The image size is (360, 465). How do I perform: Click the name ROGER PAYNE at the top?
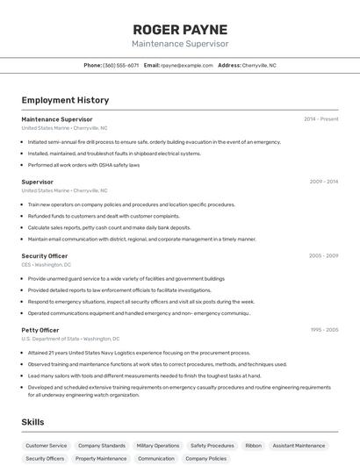pos(179,28)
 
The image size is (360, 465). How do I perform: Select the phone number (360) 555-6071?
pos(121,65)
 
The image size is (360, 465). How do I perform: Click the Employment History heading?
pos(65,101)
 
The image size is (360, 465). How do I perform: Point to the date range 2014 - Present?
pos(320,119)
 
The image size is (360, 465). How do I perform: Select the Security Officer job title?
pos(45,256)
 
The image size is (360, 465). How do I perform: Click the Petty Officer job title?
pos(40,330)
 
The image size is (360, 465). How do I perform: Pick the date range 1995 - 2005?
pos(323,330)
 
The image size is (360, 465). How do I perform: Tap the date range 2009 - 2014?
pos(323,182)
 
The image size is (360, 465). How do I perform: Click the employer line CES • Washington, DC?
pos(47,265)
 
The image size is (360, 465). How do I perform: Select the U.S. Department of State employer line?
pos(70,339)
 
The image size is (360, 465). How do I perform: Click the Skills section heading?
pos(33,422)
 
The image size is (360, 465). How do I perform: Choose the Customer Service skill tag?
pos(47,446)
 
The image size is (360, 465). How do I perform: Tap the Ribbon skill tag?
pos(253,446)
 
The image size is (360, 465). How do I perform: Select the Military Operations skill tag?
pos(158,446)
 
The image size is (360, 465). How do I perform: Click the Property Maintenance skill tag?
pos(101,458)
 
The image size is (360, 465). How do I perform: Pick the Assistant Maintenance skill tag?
pos(299,446)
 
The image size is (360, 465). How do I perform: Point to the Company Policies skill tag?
pos(206,458)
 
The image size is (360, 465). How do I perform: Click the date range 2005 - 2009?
pos(323,256)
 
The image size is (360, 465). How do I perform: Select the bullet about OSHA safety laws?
pos(83,165)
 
